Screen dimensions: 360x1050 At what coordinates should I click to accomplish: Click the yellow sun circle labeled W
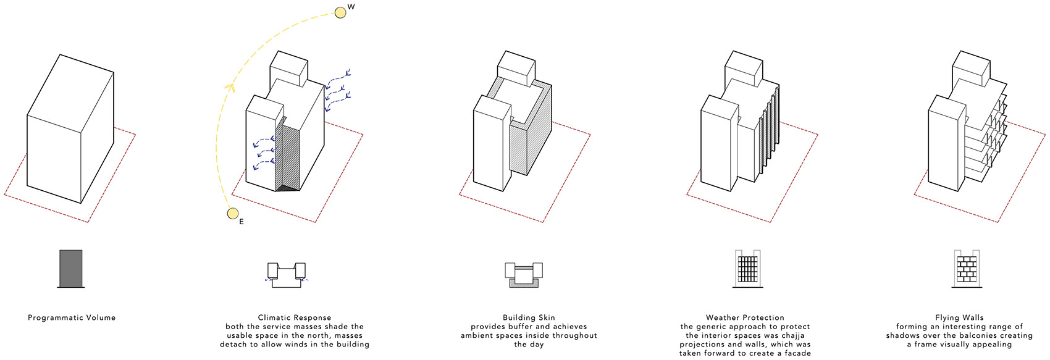pyautogui.click(x=340, y=12)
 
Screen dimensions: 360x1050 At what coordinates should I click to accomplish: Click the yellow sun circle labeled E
pyautogui.click(x=233, y=214)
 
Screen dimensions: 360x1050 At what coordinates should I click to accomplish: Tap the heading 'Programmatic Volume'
pyautogui.click(x=72, y=318)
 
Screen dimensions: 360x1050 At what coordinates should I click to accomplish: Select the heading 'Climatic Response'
pyautogui.click(x=295, y=318)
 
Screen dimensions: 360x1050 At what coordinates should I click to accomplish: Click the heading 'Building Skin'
pyautogui.click(x=529, y=318)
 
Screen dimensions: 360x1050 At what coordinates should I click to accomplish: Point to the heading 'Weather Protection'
pyautogui.click(x=745, y=318)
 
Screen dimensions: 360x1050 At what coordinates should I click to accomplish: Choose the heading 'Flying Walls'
pyautogui.click(x=959, y=318)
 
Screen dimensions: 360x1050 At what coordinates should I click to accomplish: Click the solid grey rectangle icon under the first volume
pyautogui.click(x=70, y=268)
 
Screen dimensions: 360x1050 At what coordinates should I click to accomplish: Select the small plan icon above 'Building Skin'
pyautogui.click(x=524, y=275)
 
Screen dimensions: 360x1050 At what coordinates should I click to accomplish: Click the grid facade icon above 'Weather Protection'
pyautogui.click(x=747, y=269)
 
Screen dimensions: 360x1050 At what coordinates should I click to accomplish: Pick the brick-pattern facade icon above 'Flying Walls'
pyautogui.click(x=968, y=269)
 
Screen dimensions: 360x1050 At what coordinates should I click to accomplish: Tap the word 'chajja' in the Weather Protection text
pyautogui.click(x=793, y=336)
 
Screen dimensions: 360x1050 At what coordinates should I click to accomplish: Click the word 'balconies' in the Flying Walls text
pyautogui.click(x=978, y=336)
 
